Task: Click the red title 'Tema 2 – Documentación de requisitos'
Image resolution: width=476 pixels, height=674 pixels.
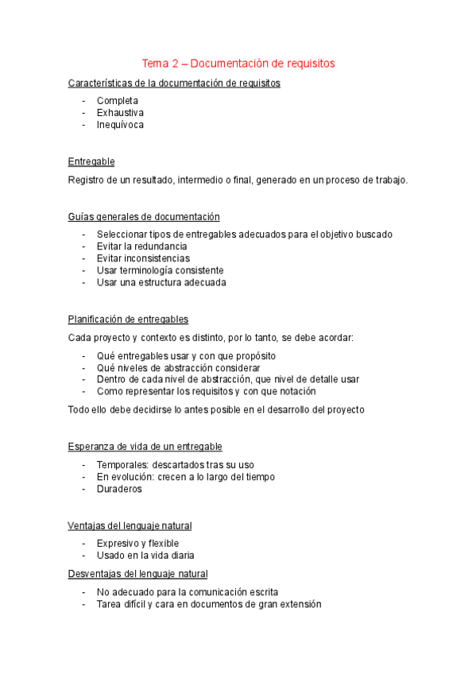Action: tap(238, 63)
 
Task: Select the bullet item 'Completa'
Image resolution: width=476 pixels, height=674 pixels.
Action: tap(118, 101)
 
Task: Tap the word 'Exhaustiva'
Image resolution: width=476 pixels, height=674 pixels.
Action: tap(120, 113)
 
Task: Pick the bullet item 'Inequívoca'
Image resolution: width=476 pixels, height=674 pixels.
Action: tap(120, 125)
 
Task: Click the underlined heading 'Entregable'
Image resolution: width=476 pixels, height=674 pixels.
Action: tap(91, 161)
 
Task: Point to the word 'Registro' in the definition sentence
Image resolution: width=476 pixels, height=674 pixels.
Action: tap(87, 180)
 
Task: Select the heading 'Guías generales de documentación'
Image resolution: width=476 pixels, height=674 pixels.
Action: tap(144, 216)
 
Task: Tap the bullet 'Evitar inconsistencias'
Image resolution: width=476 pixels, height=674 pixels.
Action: tap(143, 258)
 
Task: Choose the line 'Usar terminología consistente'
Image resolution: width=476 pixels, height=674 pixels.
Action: tap(160, 270)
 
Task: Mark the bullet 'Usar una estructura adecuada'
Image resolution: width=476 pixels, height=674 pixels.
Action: tap(161, 282)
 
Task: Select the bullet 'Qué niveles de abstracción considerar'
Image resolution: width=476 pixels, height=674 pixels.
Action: tap(178, 368)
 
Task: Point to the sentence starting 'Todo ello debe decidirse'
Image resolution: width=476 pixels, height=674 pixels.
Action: tap(216, 409)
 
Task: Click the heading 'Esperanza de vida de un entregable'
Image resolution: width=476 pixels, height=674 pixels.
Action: tap(145, 446)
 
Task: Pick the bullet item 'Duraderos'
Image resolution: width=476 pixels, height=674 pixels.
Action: tap(119, 489)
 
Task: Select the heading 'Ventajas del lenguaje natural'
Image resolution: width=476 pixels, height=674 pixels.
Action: tap(130, 525)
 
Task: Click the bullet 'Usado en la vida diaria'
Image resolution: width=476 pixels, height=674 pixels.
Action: tap(145, 556)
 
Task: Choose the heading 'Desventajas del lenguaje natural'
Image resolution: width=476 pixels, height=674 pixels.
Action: tap(138, 573)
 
